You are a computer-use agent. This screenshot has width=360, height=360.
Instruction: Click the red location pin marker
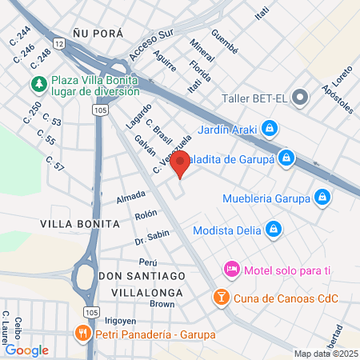(180, 166)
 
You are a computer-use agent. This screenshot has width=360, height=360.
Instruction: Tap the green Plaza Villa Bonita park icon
(38, 83)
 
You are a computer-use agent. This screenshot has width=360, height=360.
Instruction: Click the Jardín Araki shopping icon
(270, 127)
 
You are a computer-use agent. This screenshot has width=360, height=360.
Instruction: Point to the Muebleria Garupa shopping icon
(322, 196)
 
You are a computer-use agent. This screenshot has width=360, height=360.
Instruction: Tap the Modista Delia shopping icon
(274, 229)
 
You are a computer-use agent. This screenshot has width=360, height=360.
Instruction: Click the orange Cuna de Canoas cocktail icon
(220, 298)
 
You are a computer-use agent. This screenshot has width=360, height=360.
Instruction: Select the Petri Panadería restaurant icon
(81, 333)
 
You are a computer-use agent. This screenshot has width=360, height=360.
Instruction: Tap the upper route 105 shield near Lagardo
(99, 110)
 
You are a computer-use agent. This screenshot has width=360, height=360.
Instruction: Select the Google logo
(26, 350)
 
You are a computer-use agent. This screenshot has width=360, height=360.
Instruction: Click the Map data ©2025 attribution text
(325, 354)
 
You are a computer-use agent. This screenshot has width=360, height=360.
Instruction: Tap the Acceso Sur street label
(150, 49)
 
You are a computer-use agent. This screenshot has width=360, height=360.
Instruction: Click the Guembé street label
(224, 41)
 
